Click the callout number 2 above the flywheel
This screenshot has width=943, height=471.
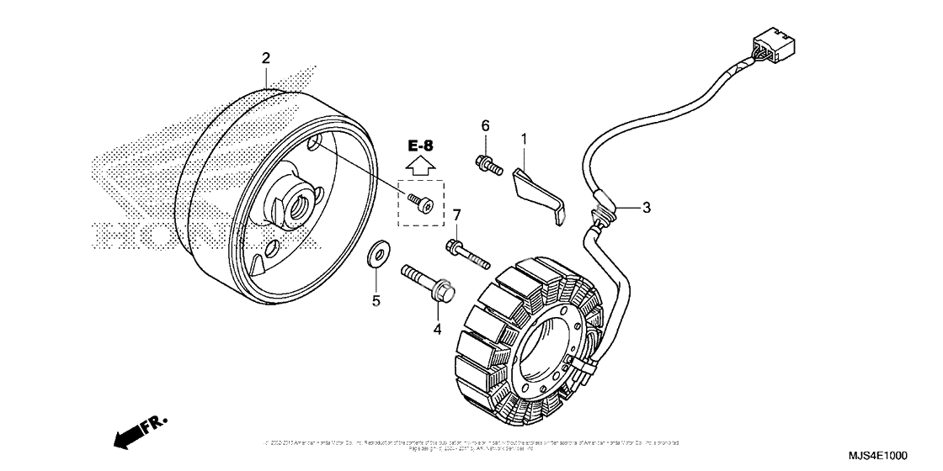tap(266, 58)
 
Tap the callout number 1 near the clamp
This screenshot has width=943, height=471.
tap(523, 137)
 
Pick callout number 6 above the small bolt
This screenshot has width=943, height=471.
tap(485, 126)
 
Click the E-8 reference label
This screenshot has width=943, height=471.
tap(421, 145)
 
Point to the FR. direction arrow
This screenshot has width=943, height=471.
tap(138, 430)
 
